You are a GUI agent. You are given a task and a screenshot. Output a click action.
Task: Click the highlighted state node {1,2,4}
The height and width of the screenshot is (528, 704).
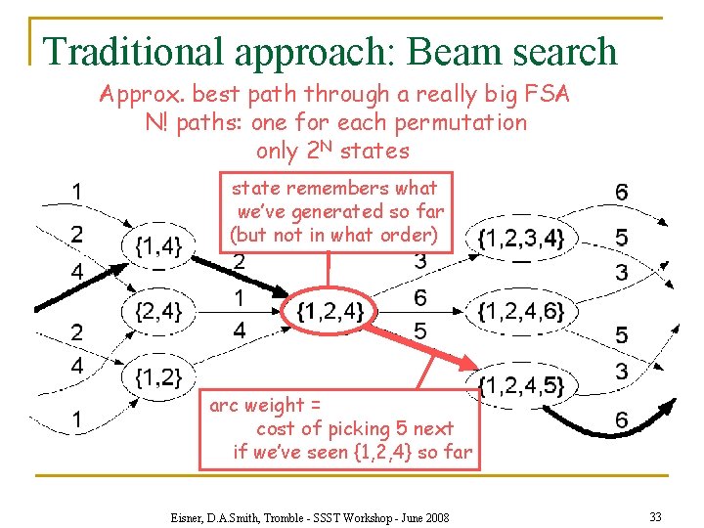click(x=330, y=312)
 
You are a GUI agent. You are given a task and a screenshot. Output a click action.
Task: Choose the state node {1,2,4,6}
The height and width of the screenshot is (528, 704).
click(x=521, y=312)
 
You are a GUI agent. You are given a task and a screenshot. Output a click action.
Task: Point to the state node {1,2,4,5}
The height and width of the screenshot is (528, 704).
click(x=521, y=384)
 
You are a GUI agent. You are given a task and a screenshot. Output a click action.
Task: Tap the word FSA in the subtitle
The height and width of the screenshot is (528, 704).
click(x=545, y=95)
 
